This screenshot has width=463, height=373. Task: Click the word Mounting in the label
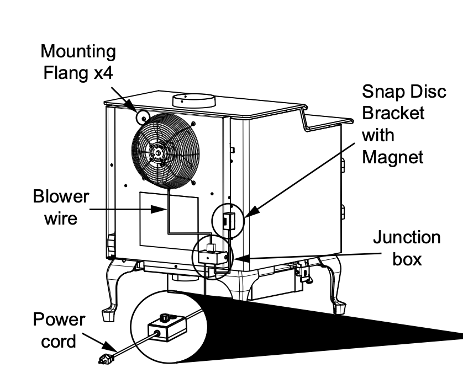pos(79,52)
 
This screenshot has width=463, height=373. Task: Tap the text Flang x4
pos(79,73)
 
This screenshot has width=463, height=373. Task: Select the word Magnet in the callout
pos(393,157)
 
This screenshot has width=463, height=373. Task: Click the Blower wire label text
pos(61,207)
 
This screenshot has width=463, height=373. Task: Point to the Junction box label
pos(407,248)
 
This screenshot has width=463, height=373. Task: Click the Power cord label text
pos(60,330)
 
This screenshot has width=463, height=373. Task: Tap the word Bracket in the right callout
pos(393,114)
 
